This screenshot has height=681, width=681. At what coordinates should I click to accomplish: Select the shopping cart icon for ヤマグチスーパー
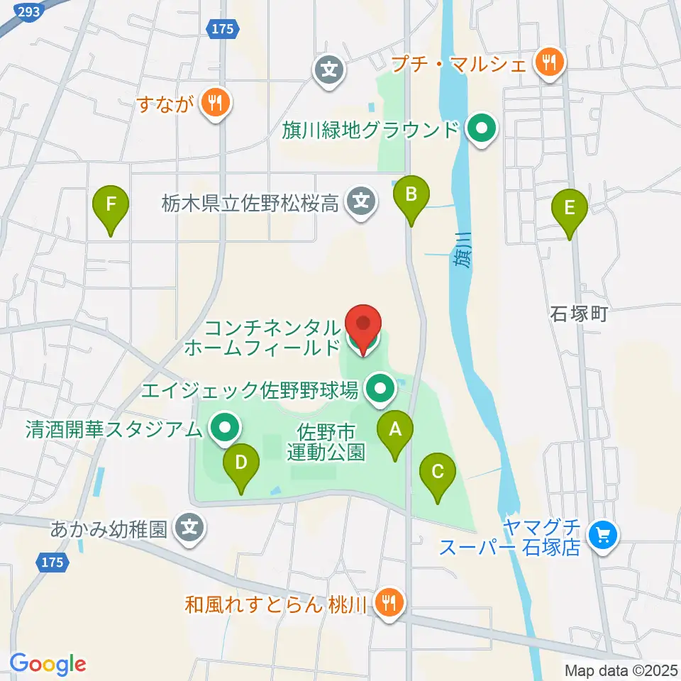pos(604,535)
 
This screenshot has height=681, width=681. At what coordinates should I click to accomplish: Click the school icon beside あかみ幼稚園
pos(189,528)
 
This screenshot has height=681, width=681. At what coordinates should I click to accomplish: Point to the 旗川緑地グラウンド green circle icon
pos(482,130)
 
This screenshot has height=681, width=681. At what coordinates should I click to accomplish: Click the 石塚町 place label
pos(580,314)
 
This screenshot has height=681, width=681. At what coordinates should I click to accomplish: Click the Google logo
pos(48,664)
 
